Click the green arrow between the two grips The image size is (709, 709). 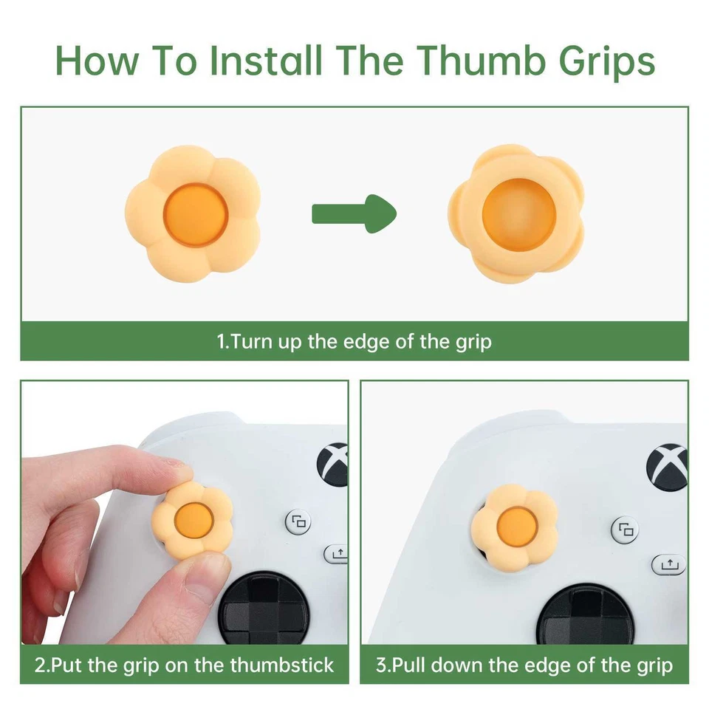[x=353, y=213]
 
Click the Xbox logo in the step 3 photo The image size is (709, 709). [x=668, y=464]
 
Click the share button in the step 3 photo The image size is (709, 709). [x=668, y=564]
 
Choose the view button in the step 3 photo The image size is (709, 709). [x=626, y=529]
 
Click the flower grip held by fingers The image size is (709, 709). [x=192, y=519]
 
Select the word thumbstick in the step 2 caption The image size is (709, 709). [x=281, y=665]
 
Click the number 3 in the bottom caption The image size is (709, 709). [x=381, y=665]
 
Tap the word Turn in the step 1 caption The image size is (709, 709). [x=251, y=342]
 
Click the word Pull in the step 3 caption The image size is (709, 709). [x=408, y=665]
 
